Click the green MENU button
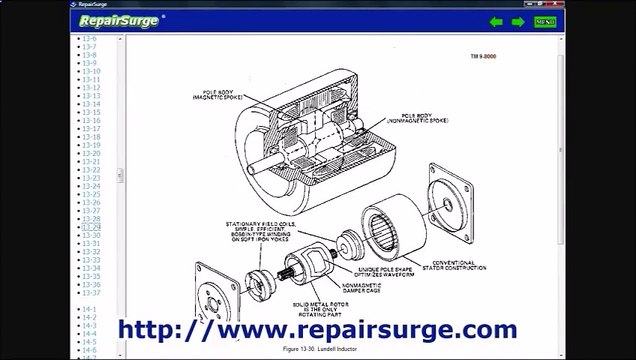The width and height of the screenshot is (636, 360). pos(545,21)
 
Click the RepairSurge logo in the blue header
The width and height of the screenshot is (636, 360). pos(118,20)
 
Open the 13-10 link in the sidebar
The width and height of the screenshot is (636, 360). pos(91,71)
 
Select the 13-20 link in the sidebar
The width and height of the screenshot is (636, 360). pos(91,153)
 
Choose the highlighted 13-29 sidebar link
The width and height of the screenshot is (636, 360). pos(91,227)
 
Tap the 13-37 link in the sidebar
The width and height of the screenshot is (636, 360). pos(91,293)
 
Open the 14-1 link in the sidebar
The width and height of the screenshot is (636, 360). pos(89,309)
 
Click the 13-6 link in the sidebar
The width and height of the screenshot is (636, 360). pos(89,39)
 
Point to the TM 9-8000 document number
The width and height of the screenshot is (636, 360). pos(483,57)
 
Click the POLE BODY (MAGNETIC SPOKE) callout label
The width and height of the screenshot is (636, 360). pos(213,96)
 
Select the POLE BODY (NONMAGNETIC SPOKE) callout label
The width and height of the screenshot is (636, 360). pos(425,117)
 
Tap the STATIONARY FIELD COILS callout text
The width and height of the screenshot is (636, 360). pos(232,231)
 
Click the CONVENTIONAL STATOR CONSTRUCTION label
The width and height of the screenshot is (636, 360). pos(456,265)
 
